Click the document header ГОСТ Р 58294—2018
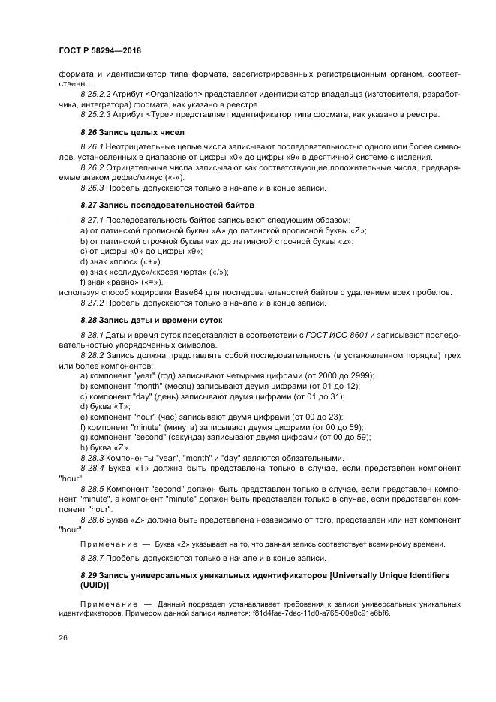(99, 50)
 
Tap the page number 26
(62, 638)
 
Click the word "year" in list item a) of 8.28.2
(140, 375)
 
